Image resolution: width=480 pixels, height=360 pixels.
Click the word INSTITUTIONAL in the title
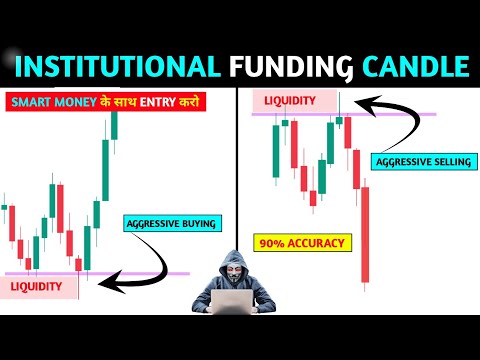pyautogui.click(x=117, y=67)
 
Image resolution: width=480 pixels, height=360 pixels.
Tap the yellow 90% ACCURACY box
pyautogui.click(x=300, y=242)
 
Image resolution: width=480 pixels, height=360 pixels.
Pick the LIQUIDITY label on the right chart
pyautogui.click(x=290, y=100)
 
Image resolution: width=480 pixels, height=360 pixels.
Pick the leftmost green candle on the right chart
pyautogui.click(x=274, y=150)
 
